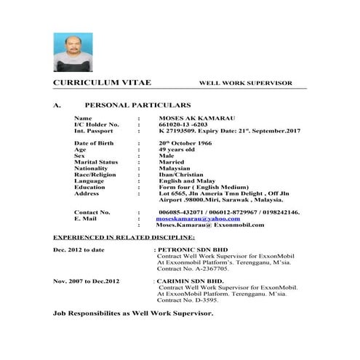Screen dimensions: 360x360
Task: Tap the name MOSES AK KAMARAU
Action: click(x=191, y=118)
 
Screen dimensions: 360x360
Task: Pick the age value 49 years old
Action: click(x=178, y=150)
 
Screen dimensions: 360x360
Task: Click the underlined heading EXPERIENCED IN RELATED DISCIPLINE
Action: click(x=124, y=237)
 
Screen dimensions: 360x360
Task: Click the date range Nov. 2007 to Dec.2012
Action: click(x=84, y=280)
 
